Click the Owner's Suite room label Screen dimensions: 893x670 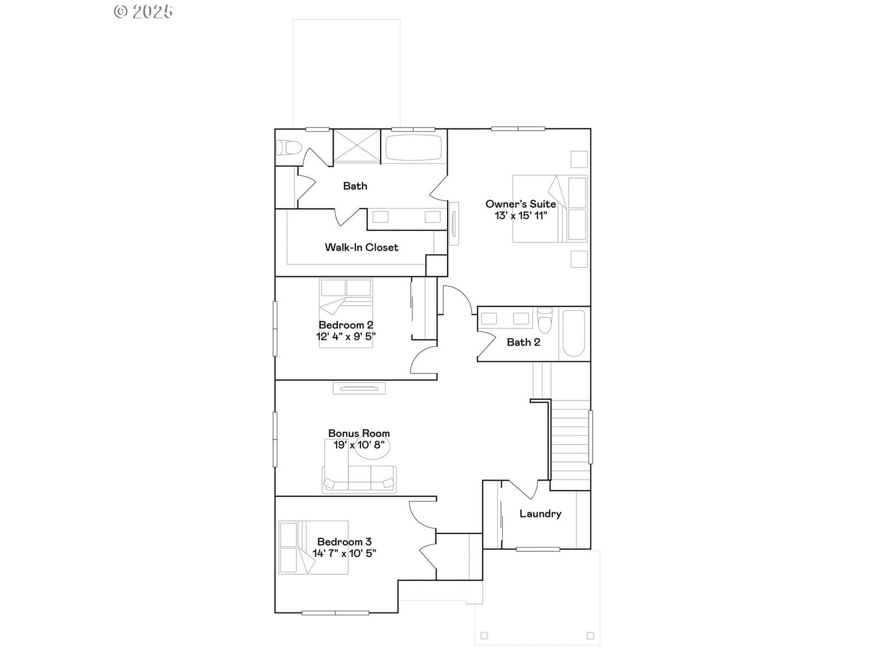pyautogui.click(x=520, y=204)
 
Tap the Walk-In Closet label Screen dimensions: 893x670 pyautogui.click(x=361, y=247)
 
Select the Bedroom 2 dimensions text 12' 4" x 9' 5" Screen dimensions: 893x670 pyautogui.click(x=346, y=337)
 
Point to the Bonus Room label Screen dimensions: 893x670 pyautogui.click(x=359, y=433)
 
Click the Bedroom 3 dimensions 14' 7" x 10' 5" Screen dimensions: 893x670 pyautogui.click(x=344, y=553)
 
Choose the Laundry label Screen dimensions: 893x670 pyautogui.click(x=540, y=514)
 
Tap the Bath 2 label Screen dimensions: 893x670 pyautogui.click(x=523, y=342)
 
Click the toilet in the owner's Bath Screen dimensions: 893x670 pyautogui.click(x=289, y=147)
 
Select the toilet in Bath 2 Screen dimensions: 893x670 pyautogui.click(x=545, y=320)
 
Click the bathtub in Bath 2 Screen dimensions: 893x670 pyautogui.click(x=574, y=333)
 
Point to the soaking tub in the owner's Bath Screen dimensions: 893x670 pyautogui.click(x=413, y=147)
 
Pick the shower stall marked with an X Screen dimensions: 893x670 pyautogui.click(x=357, y=146)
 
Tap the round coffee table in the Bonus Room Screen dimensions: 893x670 pyautogui.click(x=373, y=447)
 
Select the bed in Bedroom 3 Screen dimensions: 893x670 pyautogui.click(x=313, y=548)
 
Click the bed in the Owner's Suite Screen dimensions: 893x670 pyautogui.click(x=550, y=209)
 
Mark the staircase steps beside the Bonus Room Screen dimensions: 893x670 pyautogui.click(x=570, y=445)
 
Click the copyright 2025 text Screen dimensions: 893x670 pyautogui.click(x=143, y=11)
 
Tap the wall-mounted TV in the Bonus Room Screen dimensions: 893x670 pyautogui.click(x=359, y=389)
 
